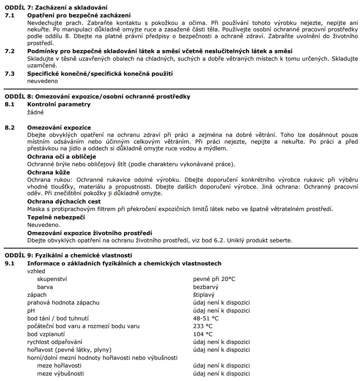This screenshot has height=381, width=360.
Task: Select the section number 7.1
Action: [10, 15]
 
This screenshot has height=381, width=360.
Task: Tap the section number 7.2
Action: [10, 51]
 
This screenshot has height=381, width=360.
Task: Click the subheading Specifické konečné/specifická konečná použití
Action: [100, 74]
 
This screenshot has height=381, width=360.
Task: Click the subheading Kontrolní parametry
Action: [59, 104]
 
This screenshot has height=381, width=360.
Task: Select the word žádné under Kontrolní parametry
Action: [35, 112]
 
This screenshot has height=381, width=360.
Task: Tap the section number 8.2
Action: [10, 128]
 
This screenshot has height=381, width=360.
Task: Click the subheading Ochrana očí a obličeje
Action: [58, 157]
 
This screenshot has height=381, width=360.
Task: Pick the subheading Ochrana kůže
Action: [49, 172]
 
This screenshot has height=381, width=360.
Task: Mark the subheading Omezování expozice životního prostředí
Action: [90, 232]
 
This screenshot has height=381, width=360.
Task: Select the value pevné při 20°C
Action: [214, 279]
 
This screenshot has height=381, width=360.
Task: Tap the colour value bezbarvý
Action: [206, 287]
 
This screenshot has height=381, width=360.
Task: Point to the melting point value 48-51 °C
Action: [206, 318]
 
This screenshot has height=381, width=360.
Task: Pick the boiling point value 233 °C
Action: [203, 326]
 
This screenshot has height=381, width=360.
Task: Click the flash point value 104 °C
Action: [203, 334]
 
